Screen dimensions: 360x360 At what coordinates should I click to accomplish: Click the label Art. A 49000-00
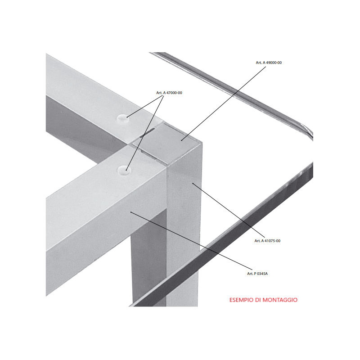pos(269,63)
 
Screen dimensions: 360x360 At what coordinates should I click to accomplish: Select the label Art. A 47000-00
pos(169,93)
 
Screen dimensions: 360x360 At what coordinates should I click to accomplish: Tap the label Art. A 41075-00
pos(267,241)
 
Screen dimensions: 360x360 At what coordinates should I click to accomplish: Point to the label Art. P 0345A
pos(257,274)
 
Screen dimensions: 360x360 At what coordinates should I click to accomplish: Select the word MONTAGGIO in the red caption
pos(280,300)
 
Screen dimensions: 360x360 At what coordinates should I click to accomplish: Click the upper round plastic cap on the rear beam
pos(122,118)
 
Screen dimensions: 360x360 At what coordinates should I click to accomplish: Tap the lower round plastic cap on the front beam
pos(124,171)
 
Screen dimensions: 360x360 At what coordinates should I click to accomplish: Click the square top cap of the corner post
pos(167,144)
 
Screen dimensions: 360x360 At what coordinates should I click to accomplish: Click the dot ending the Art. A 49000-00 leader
pos(182,140)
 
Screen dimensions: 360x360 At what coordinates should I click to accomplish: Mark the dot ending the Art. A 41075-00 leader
pos(193,184)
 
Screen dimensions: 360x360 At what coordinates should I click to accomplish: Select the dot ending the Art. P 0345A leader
pos(131,212)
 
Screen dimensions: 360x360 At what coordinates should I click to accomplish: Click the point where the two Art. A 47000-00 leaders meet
pos(163,96)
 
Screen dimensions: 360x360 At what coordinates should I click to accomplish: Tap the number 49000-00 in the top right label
pos(274,63)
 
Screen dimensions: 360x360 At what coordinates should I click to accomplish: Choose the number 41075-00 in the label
pos(272,241)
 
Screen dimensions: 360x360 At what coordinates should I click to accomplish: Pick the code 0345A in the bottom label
pos(262,274)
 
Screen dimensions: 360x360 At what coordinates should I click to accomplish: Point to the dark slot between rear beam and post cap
pos(145,133)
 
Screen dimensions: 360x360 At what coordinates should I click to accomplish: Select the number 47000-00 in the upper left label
pos(174,93)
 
